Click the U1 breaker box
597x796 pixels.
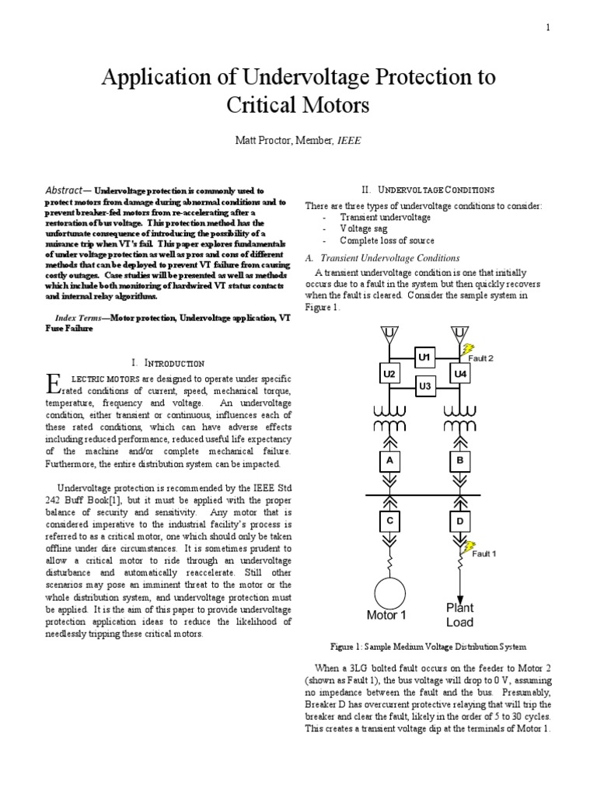point(424,357)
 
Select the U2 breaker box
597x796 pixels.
point(389,374)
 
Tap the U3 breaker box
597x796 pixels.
point(424,386)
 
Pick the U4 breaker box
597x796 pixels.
point(460,374)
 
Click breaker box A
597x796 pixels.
point(389,461)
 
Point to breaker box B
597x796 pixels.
point(460,461)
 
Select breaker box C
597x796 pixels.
point(389,519)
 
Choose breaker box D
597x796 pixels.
point(460,519)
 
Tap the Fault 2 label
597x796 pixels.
point(480,358)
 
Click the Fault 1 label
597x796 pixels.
point(484,553)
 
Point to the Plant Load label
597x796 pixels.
point(459,615)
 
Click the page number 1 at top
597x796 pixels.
point(547,28)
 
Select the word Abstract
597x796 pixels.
point(68,190)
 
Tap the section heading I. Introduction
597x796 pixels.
point(168,363)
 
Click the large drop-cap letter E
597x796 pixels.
point(53,382)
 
